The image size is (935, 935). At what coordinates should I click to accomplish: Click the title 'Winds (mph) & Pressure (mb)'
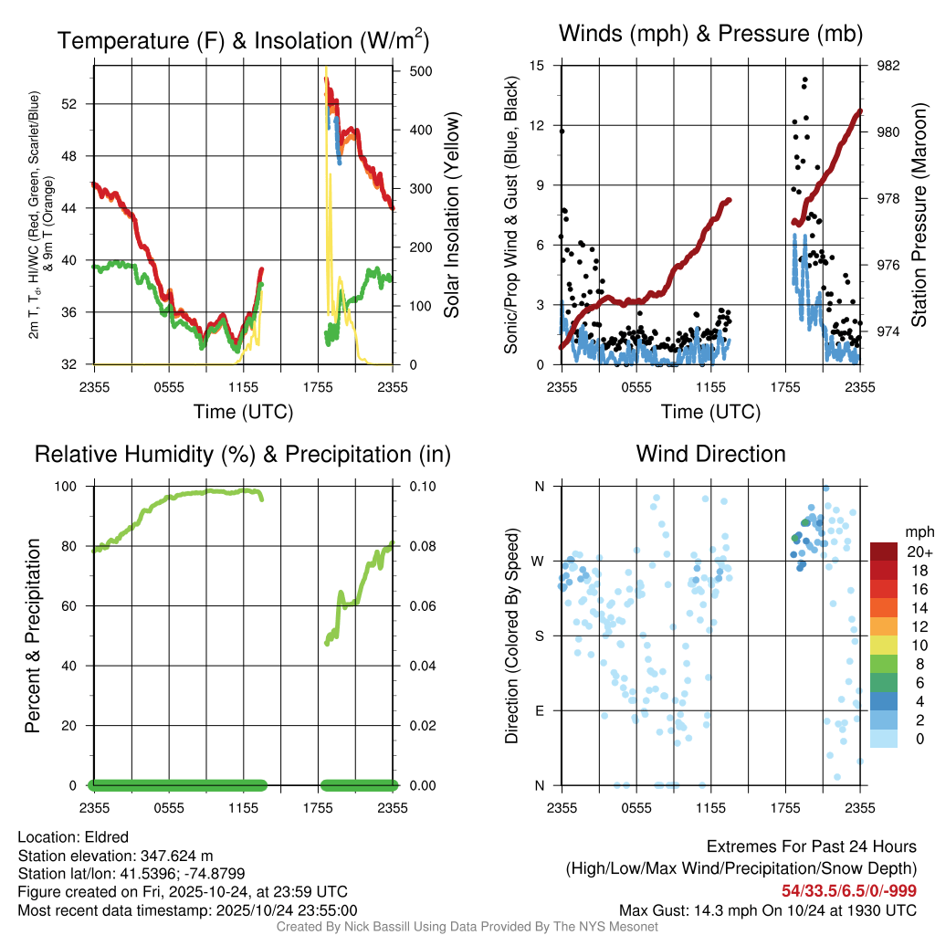711,35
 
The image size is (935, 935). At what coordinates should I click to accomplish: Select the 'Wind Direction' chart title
710,454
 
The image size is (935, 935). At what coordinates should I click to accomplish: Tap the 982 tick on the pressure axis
888,66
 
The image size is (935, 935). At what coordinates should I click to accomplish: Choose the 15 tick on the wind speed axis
537,66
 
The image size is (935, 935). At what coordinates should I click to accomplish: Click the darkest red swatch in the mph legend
884,552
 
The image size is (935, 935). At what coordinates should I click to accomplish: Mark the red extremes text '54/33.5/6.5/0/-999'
849,890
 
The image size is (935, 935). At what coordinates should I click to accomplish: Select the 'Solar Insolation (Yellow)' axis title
452,215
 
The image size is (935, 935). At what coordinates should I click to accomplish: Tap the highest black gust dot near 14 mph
805,79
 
